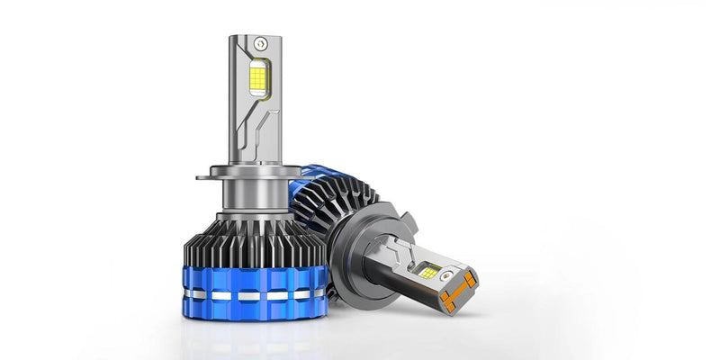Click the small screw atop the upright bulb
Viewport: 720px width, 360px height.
(260, 42)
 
